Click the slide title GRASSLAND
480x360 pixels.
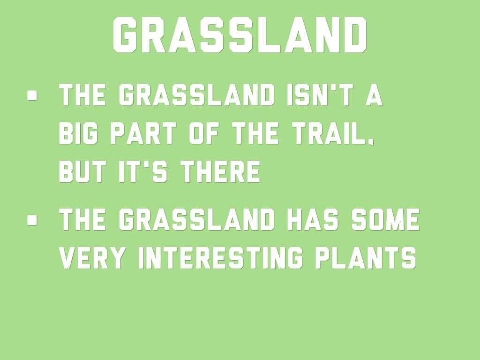click(240, 35)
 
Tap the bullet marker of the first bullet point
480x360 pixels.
click(32, 95)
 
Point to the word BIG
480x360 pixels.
click(78, 133)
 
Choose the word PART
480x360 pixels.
click(143, 133)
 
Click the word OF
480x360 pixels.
click(203, 133)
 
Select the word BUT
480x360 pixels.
click(82, 172)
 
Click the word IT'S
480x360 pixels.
click(143, 172)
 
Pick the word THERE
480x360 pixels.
click(220, 172)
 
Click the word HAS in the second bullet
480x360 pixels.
click(313, 219)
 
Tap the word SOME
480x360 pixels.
click(385, 219)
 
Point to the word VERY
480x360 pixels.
click(92, 258)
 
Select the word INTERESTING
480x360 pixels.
click(221, 258)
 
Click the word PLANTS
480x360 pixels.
click(366, 258)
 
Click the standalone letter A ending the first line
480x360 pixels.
click(374, 95)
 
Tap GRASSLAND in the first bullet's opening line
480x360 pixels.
click(196, 95)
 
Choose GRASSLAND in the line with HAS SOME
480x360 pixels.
click(196, 219)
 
